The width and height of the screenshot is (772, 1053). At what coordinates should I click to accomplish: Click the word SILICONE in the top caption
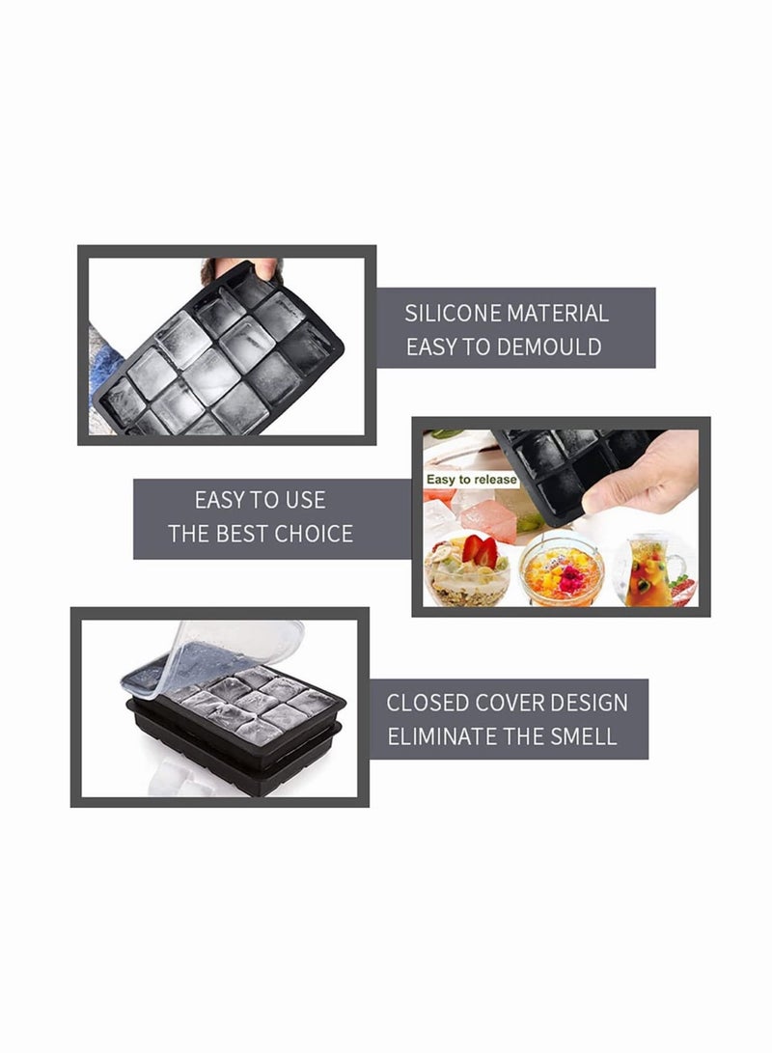pos(453,314)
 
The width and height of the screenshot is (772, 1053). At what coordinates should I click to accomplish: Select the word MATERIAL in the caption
pos(557,314)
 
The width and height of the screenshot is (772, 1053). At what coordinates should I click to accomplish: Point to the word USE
pos(306,500)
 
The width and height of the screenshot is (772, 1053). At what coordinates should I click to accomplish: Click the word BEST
pos(242,534)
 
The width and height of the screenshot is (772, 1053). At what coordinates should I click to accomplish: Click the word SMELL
pos(583,736)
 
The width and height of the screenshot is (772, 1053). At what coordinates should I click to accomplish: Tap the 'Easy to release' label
pos(471,480)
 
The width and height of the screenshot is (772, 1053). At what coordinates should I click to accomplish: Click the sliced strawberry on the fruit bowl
pos(481,551)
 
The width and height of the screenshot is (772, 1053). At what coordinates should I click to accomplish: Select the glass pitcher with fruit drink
pos(654,569)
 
